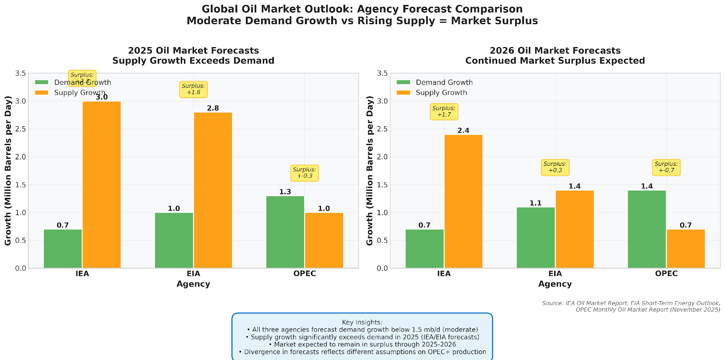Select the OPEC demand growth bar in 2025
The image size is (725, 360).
click(285, 232)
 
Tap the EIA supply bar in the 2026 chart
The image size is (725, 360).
click(575, 229)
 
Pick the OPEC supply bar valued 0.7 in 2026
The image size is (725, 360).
click(686, 249)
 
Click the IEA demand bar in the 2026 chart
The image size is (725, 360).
click(425, 249)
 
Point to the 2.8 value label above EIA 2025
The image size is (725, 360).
click(213, 108)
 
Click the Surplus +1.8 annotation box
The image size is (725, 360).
click(193, 89)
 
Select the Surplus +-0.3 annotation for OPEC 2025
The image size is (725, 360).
click(304, 173)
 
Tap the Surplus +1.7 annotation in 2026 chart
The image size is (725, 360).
click(444, 111)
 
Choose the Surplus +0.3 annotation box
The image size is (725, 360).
click(555, 167)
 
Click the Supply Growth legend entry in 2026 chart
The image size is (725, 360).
click(441, 93)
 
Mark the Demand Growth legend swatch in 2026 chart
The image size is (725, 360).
click(403, 82)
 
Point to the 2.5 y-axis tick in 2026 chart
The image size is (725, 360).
click(382, 129)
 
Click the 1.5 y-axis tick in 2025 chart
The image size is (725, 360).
click(21, 185)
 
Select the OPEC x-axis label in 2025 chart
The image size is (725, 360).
click(304, 274)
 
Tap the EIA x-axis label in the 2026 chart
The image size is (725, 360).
click(555, 274)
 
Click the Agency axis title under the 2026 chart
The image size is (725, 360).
click(555, 284)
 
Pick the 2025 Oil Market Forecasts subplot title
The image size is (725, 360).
click(193, 51)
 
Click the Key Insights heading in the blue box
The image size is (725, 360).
click(362, 322)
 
